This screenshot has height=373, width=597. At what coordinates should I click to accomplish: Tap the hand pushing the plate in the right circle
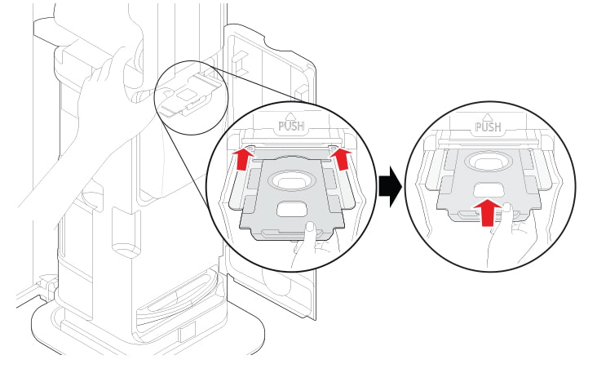coord(511,237)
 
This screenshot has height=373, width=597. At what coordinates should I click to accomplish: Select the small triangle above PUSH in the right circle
coord(488,117)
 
